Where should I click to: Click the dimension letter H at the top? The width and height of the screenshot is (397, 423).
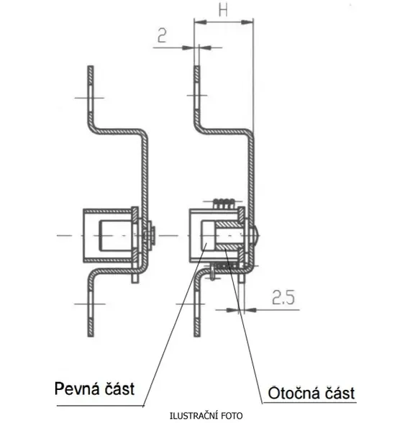coord(223,10)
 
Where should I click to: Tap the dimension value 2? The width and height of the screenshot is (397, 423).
coord(162,35)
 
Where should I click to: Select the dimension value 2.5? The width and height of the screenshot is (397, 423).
coord(283,298)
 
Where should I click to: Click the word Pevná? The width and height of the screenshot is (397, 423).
coord(76,389)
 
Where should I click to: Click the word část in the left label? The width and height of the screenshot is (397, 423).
coord(119,389)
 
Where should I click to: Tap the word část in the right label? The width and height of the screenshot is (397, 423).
coord(339,394)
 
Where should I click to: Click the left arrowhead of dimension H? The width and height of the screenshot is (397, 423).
coord(200,22)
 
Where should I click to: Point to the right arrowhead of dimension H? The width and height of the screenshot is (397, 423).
coord(247,22)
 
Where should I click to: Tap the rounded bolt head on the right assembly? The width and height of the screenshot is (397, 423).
coord(256,235)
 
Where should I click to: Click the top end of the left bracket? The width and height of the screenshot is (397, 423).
coord(91,67)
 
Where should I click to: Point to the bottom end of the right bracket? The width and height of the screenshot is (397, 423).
coord(197,336)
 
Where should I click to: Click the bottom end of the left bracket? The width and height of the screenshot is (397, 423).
coord(91,336)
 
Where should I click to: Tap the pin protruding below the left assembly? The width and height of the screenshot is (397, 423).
coord(135,278)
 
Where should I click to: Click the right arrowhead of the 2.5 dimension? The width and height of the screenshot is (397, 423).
coord(250,310)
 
